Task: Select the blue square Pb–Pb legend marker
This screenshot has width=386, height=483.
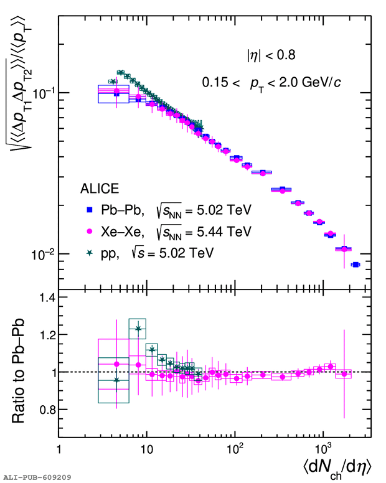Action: coord(89,210)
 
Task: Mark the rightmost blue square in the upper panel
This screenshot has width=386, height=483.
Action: coord(355,265)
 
